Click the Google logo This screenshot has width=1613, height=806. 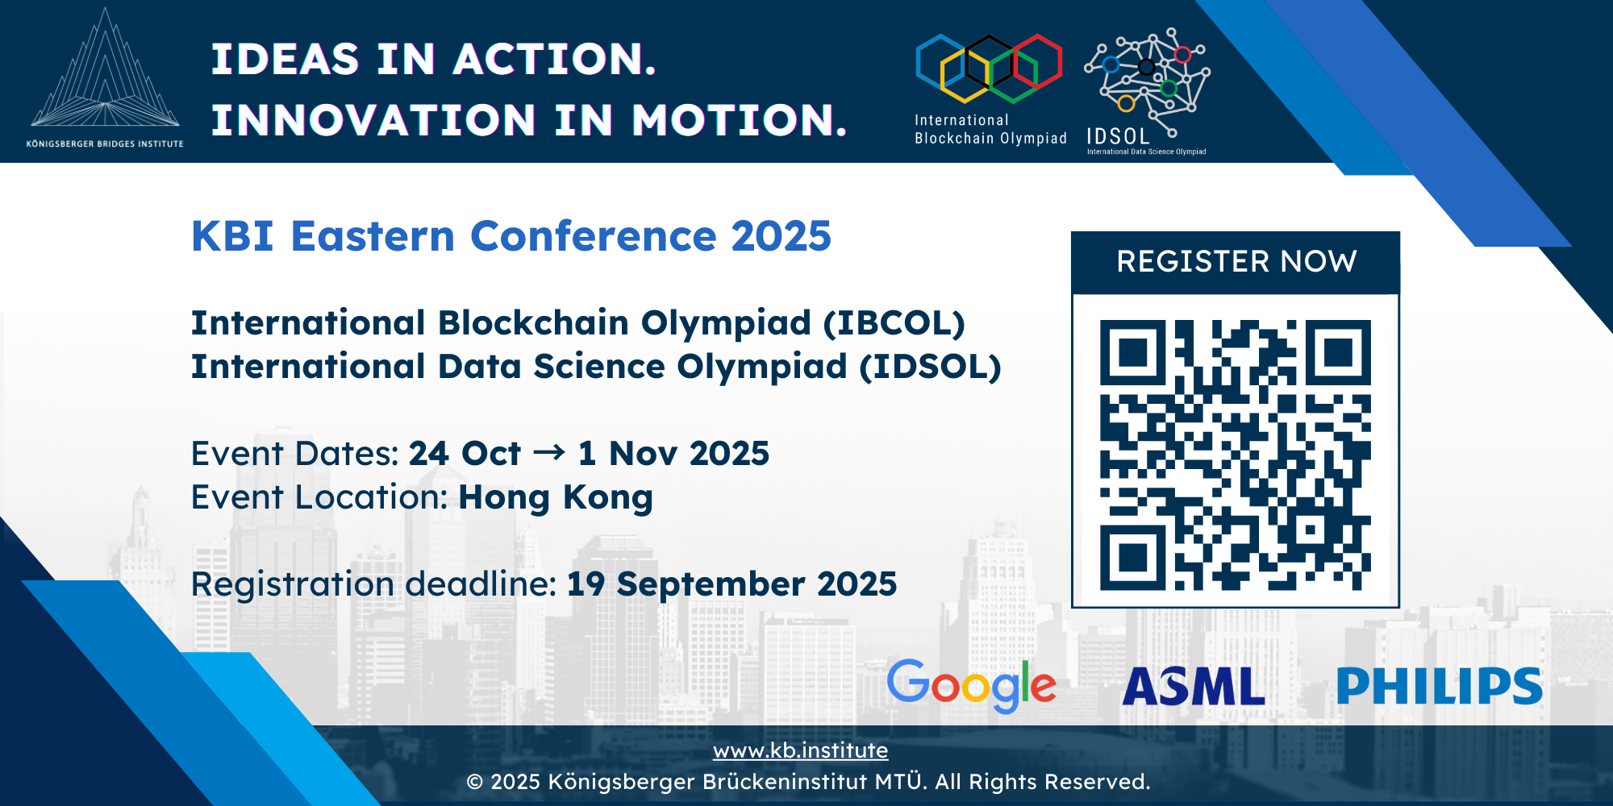[971, 686]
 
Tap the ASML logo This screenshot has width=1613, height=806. [1194, 687]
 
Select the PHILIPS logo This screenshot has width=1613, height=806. [1440, 687]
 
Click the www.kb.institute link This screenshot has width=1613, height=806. [800, 750]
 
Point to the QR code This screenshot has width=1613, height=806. [1236, 455]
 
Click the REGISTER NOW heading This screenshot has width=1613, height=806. [1236, 261]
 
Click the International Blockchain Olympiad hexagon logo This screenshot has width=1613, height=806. [989, 69]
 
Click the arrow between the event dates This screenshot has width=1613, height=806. [549, 452]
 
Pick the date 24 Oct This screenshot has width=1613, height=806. [465, 454]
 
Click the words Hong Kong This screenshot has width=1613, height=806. [556, 497]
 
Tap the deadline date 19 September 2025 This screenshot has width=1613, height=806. [731, 584]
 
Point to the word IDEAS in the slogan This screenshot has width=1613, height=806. [285, 59]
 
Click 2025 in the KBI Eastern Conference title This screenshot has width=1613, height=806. [781, 236]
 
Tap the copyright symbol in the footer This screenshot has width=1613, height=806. [475, 782]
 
